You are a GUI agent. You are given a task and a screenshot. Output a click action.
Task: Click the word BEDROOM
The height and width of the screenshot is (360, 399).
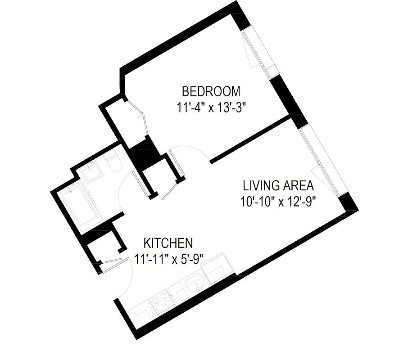(211, 91)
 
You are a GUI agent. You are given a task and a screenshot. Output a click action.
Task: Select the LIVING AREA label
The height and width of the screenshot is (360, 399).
(278, 185)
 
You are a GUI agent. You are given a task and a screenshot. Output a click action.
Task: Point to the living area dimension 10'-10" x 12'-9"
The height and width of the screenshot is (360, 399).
(277, 201)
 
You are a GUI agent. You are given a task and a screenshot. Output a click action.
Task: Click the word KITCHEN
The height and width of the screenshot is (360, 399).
(168, 243)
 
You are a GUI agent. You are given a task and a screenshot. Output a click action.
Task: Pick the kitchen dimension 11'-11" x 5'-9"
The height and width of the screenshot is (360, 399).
(169, 259)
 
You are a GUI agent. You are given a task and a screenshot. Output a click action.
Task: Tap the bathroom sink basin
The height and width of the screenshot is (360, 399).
(94, 171)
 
